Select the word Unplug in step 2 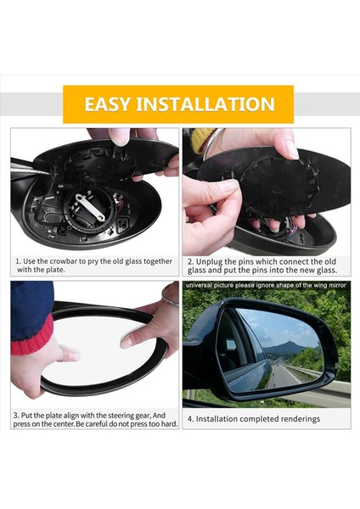tap(211, 261)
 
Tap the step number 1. tap(18, 261)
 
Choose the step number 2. tap(191, 261)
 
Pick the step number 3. tap(16, 415)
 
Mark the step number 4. tap(190, 418)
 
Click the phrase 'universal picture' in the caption tap(213, 286)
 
